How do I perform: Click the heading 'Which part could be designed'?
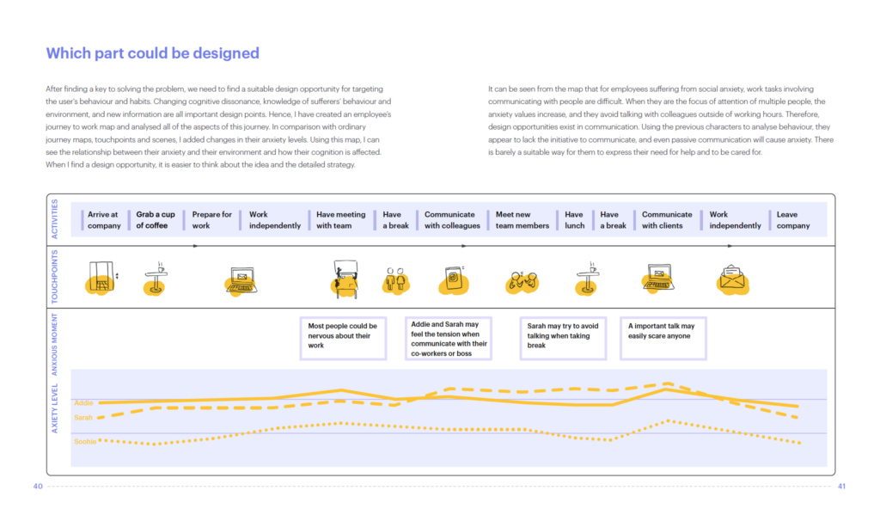[152, 53]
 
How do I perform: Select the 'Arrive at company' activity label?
[104, 220]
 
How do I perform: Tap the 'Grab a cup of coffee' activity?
[156, 220]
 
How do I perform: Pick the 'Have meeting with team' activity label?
[340, 220]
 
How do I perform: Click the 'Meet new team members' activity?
[522, 220]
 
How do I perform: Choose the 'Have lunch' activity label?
[574, 220]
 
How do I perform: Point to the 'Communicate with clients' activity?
[666, 220]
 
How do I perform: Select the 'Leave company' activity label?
[792, 220]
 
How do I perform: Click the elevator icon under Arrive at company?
[101, 276]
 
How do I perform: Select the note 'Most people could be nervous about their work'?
[343, 336]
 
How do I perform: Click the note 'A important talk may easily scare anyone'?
[662, 331]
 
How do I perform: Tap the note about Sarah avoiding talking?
[563, 336]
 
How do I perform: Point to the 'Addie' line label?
[83, 402]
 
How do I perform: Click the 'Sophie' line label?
[84, 442]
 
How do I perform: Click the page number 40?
[38, 487]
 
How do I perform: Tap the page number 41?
[841, 487]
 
